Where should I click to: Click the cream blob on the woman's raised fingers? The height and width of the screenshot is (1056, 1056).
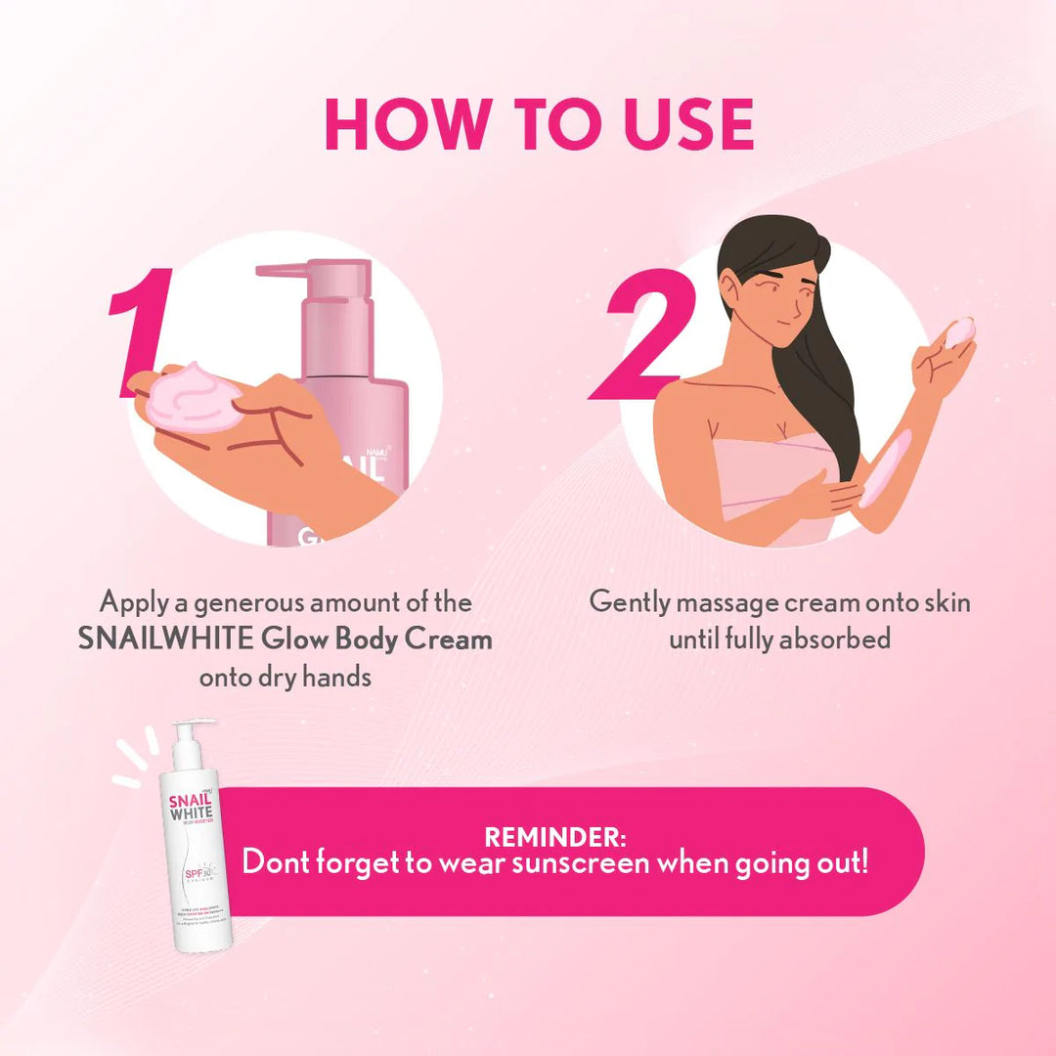coord(959,330)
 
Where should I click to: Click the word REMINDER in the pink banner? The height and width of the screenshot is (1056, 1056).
coord(554,838)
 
